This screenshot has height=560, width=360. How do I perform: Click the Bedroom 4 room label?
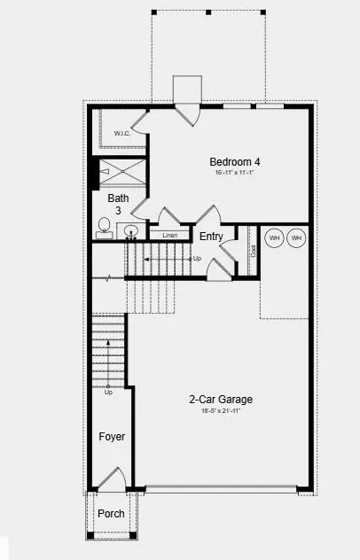235,161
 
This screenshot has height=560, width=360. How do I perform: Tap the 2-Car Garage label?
215,399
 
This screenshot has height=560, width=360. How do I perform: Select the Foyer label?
112,437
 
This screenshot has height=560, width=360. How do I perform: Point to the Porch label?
111,514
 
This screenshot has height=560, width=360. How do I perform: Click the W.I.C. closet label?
123,134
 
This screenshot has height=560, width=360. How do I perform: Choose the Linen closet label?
168,235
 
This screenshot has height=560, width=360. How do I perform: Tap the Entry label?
211,236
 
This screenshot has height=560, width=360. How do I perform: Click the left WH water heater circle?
274,237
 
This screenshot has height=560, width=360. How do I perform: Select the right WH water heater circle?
296,237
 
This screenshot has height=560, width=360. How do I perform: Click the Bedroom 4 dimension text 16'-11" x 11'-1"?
235,174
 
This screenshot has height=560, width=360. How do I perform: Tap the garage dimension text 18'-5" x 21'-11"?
215,411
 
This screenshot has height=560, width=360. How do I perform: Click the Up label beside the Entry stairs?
197,259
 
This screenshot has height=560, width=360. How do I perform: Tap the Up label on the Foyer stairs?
108,392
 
